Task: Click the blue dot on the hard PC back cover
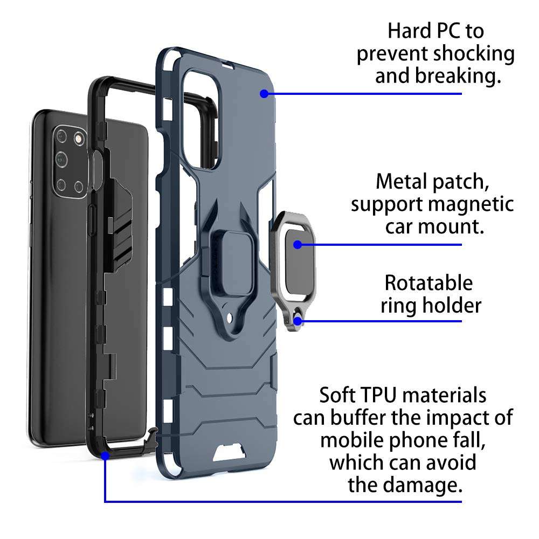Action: pyautogui.click(x=264, y=94)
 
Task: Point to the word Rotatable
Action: pyautogui.click(x=429, y=283)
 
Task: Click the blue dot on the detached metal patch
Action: pyautogui.click(x=296, y=244)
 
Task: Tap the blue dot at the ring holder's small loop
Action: pyautogui.click(x=296, y=322)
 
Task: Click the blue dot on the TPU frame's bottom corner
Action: pyautogui.click(x=105, y=455)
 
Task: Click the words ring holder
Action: pyautogui.click(x=430, y=306)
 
